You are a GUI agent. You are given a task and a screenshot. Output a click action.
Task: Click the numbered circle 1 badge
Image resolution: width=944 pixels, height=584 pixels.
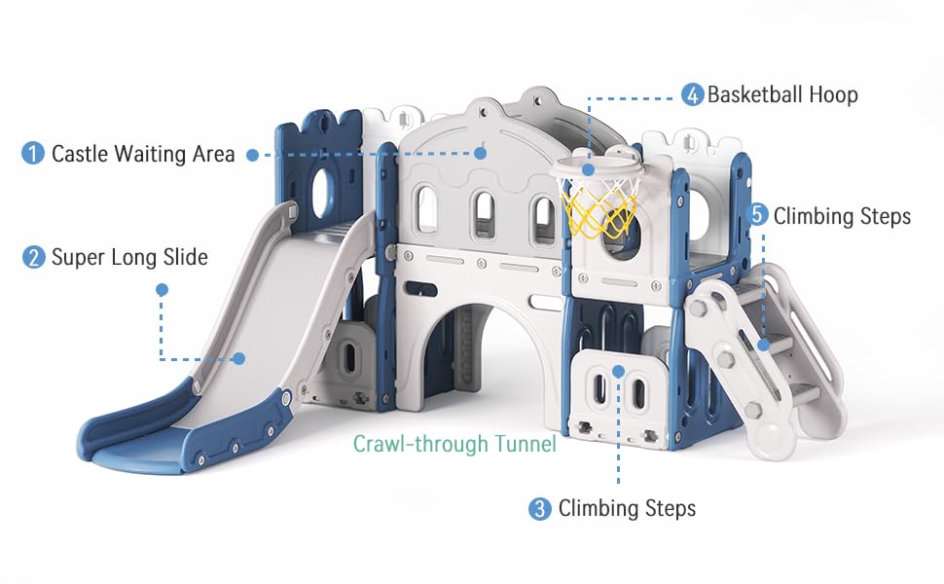pos(33,153)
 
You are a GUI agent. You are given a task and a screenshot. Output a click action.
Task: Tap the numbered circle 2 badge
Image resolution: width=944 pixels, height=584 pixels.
pos(34,257)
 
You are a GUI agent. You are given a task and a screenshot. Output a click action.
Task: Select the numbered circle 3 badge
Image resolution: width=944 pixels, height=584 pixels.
pos(540,509)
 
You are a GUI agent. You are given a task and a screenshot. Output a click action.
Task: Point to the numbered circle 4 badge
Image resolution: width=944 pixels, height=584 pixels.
pos(692,94)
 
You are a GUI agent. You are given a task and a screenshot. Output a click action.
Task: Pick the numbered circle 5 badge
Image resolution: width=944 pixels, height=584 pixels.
pos(757,215)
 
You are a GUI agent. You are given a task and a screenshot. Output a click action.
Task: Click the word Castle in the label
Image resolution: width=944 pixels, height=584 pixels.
pos(80,154)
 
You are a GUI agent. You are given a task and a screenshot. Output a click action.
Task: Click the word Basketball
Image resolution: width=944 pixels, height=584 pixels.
pos(755,94)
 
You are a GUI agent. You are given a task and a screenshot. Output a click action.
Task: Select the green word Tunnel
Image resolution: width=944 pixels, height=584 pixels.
pos(525,444)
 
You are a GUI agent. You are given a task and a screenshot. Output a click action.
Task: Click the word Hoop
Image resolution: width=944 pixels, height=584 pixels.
pos(833,95)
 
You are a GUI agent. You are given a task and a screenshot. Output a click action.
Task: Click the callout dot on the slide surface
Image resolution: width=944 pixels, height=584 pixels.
pos(239,358)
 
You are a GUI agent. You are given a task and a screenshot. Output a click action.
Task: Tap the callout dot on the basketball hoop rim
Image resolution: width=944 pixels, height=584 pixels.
pos(589,169)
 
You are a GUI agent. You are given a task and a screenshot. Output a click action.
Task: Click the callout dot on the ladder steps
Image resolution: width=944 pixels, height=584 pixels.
pos(763,345)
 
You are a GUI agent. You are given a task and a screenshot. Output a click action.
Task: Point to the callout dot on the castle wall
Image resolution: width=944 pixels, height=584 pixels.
pos(481,153)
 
